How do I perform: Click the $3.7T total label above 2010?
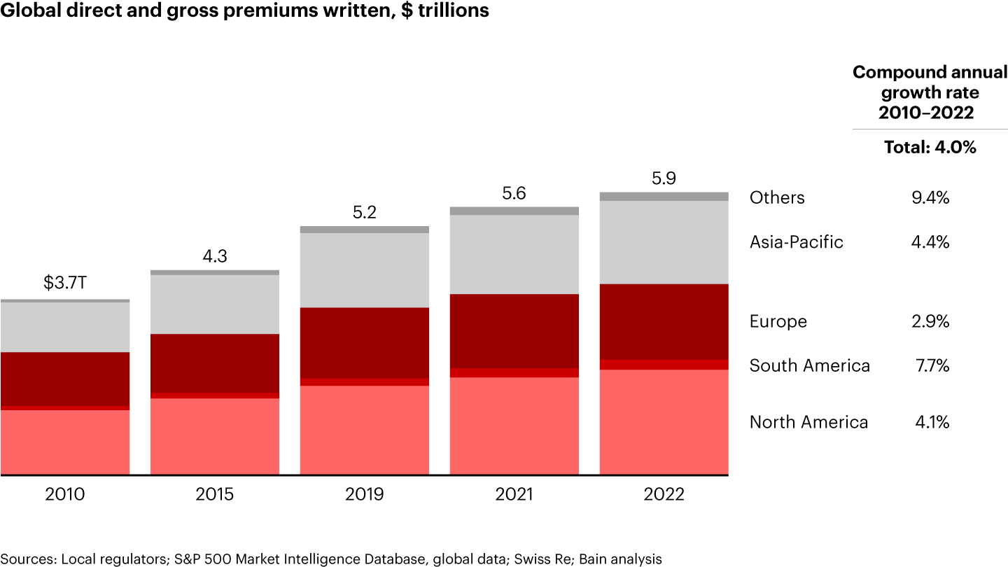click(64, 283)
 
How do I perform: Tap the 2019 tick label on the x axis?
click(364, 494)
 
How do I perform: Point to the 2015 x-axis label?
click(214, 494)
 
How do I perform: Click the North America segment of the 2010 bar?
click(64, 442)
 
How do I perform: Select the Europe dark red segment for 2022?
click(664, 322)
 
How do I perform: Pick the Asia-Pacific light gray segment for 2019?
click(364, 270)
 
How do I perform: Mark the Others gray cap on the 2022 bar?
click(664, 197)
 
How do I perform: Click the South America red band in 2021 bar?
click(514, 372)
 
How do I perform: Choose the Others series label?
click(777, 198)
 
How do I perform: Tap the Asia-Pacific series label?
click(796, 242)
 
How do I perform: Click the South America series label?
click(809, 365)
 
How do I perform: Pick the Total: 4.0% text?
click(930, 148)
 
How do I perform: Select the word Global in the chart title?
click(26, 11)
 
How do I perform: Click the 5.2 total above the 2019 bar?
click(364, 211)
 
